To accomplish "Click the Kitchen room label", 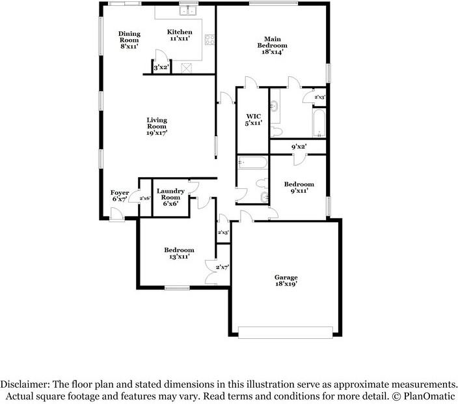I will pos(180,36).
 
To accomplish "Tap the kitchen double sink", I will pos(189,10).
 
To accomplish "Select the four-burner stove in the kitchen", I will pos(211,40).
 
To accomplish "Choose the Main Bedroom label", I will pos(271,42).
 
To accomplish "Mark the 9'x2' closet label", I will pos(299,147).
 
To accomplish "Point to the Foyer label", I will pos(120,196).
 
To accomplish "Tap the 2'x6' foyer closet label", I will pos(144,198).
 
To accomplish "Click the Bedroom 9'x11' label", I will pos(299,188).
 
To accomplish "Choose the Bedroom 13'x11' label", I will pos(178,253).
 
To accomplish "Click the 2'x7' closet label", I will pos(222,267).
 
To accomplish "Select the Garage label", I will pos(286,281).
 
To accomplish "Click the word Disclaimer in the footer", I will pos(27,384).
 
